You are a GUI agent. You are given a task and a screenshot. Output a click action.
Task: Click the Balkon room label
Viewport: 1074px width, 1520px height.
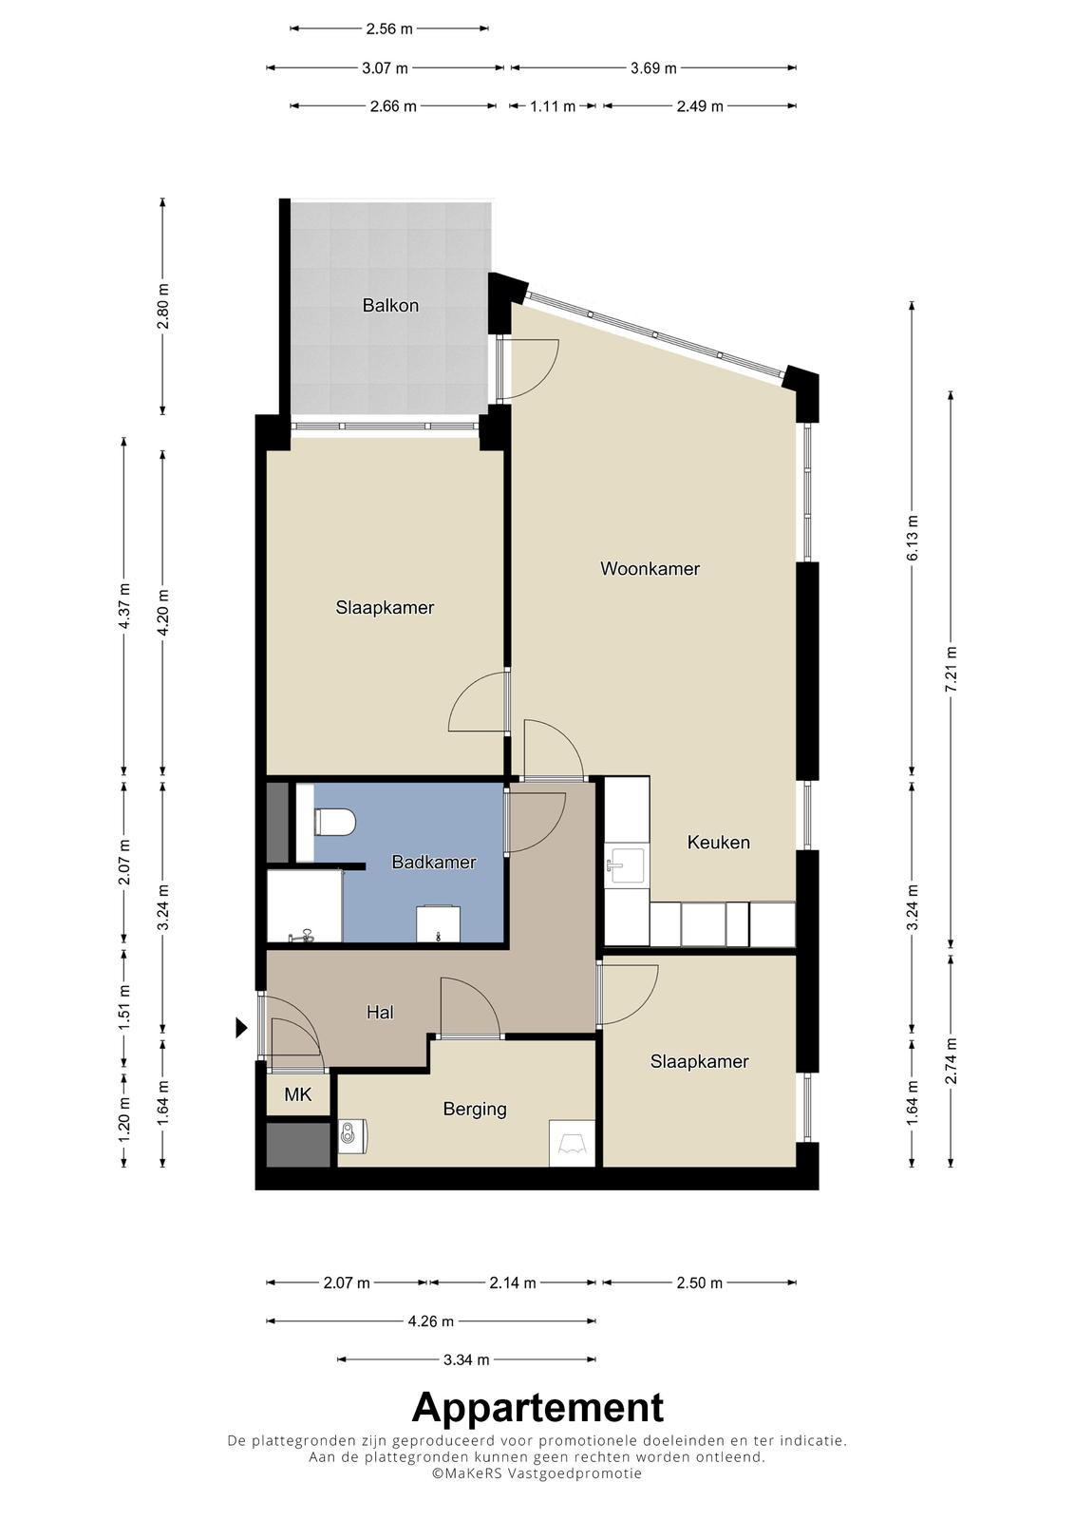pyautogui.click(x=390, y=305)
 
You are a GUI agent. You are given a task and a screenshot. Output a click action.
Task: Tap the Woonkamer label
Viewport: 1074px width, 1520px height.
pyautogui.click(x=650, y=569)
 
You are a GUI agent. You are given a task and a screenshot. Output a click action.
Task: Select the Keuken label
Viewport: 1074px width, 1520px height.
pyautogui.click(x=719, y=842)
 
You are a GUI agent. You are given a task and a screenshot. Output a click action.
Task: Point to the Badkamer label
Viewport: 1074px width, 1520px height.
pyautogui.click(x=434, y=862)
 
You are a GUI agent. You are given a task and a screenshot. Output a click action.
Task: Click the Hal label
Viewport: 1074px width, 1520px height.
pyautogui.click(x=380, y=1013)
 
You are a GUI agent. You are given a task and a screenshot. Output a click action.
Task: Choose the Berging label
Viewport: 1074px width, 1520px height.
pyautogui.click(x=475, y=1109)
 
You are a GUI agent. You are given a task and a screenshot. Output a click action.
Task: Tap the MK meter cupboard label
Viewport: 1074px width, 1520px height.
pyautogui.click(x=298, y=1093)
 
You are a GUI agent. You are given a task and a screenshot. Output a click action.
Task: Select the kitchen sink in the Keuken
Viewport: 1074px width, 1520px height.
pyautogui.click(x=627, y=865)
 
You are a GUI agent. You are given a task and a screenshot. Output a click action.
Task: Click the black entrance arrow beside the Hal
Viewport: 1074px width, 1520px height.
pyautogui.click(x=241, y=1028)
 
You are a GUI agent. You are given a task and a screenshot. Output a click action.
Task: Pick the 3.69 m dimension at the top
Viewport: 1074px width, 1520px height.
pyautogui.click(x=653, y=67)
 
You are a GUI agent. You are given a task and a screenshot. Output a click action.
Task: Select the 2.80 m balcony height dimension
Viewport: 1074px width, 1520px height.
pyautogui.click(x=162, y=307)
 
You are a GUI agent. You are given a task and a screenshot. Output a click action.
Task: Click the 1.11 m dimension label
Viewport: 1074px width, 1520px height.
pyautogui.click(x=553, y=106)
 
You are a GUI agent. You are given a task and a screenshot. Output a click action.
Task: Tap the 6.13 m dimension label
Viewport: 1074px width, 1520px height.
pyautogui.click(x=913, y=538)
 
